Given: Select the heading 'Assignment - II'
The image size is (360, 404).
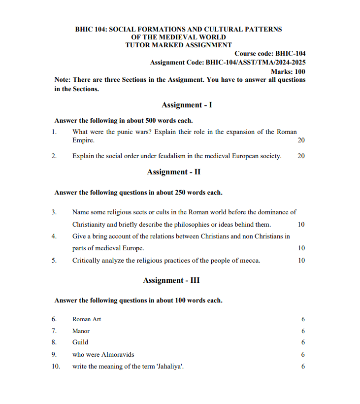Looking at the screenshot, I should pyautogui.click(x=173, y=172).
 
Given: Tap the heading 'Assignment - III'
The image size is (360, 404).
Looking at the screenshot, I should pyautogui.click(x=171, y=280).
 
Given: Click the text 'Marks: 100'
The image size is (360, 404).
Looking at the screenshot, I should pyautogui.click(x=288, y=71).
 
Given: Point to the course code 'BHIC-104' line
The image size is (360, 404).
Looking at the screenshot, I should pyautogui.click(x=270, y=54).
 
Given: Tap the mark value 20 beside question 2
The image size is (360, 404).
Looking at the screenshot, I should pyautogui.click(x=301, y=156).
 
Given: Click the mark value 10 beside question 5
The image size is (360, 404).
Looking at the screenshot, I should pyautogui.click(x=301, y=260).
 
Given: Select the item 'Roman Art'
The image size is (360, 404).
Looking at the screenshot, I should pyautogui.click(x=86, y=319).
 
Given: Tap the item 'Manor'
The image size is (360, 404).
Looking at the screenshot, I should pyautogui.click(x=81, y=331).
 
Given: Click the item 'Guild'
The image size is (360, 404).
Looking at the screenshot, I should pyautogui.click(x=80, y=342).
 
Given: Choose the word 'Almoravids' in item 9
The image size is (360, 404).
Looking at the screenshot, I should pyautogui.click(x=118, y=354).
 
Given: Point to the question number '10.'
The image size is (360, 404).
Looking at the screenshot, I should pyautogui.click(x=56, y=366).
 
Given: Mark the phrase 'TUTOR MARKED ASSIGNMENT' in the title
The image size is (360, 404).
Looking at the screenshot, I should pyautogui.click(x=178, y=45).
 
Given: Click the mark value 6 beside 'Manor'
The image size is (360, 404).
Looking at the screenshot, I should pyautogui.click(x=303, y=331).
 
